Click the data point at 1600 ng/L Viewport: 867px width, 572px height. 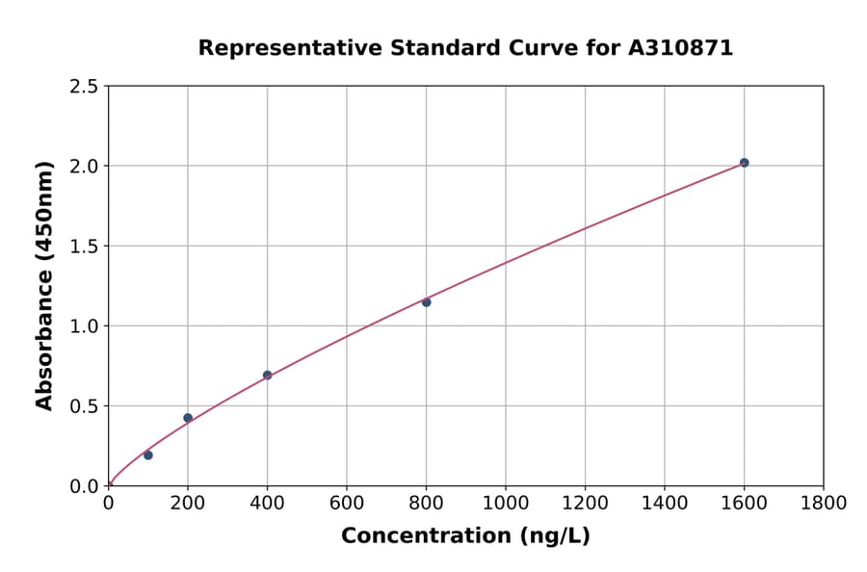[744, 163]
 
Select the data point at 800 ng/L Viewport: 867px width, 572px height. [426, 302]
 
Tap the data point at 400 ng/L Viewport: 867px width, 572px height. [267, 375]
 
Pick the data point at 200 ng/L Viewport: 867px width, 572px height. [188, 418]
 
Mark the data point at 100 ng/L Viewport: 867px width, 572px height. [147, 455]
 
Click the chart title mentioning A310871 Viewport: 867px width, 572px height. [465, 48]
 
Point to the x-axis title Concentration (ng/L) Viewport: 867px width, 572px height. [465, 536]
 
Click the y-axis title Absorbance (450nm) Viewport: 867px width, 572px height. [44, 286]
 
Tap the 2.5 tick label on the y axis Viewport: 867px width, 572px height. [84, 87]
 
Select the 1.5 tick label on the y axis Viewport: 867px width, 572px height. [84, 247]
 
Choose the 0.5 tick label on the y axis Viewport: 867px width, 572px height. [84, 406]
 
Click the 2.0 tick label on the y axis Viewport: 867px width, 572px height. [84, 167]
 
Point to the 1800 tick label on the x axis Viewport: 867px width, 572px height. [823, 503]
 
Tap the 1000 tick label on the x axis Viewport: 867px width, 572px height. [505, 503]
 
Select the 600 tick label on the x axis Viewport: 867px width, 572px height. [347, 503]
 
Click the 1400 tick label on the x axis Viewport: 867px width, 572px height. [664, 503]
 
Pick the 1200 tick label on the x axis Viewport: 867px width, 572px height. [585, 503]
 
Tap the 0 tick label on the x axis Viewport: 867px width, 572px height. [108, 503]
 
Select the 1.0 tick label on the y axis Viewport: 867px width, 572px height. [84, 326]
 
